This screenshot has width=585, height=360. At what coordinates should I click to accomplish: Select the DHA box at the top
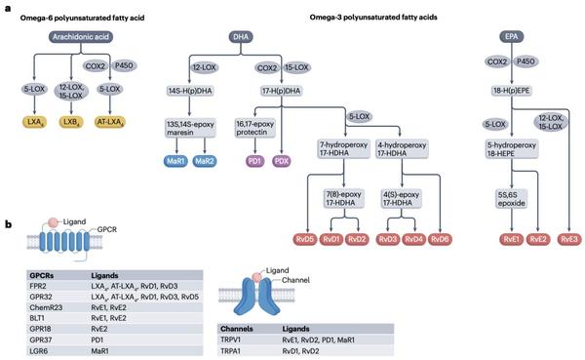coord(240,36)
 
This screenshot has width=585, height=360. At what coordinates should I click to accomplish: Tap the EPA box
coord(512,36)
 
